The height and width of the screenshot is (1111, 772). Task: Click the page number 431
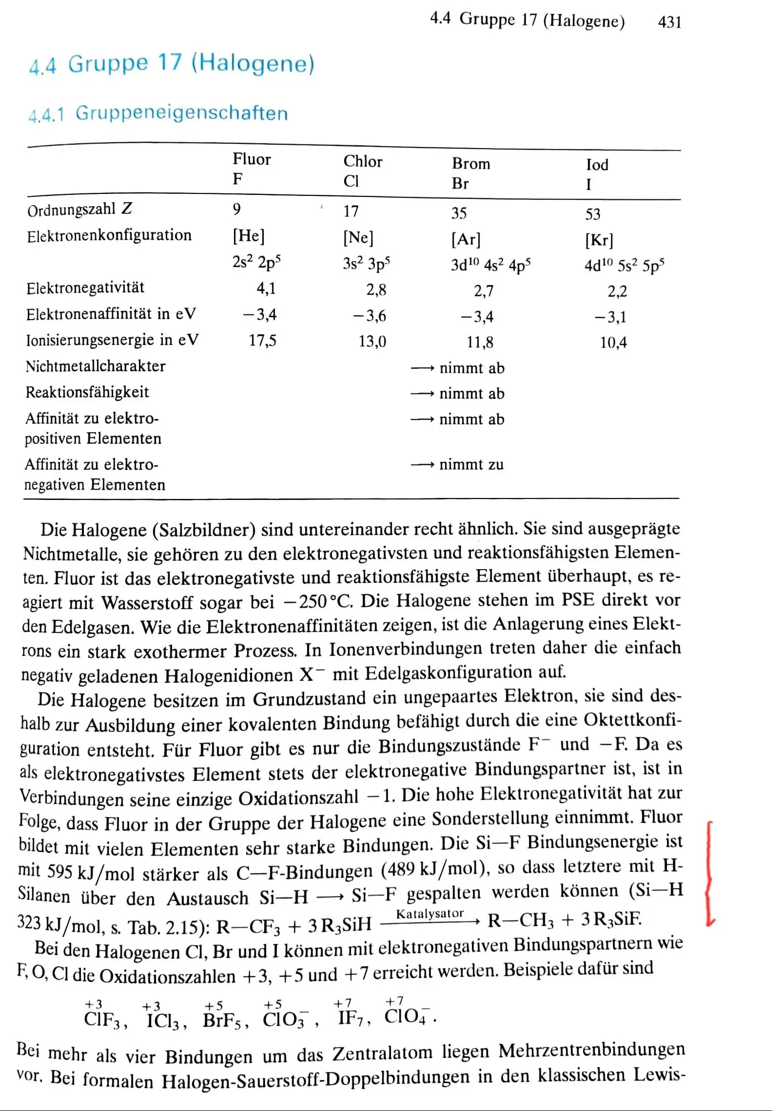(x=669, y=22)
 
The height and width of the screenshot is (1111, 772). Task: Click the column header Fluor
(x=252, y=160)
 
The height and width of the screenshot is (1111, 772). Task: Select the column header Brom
(x=471, y=164)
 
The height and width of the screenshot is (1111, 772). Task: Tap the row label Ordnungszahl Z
(x=80, y=209)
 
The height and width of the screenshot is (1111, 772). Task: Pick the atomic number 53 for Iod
(x=593, y=214)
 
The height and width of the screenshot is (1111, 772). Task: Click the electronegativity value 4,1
(x=266, y=288)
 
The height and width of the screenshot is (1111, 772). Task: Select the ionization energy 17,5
(x=262, y=340)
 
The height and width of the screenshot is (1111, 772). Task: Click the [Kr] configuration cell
(x=599, y=240)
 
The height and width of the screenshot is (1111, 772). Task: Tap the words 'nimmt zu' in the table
(x=471, y=465)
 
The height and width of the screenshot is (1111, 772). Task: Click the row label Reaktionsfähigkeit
(x=87, y=392)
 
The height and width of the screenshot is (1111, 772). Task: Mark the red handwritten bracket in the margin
(x=710, y=874)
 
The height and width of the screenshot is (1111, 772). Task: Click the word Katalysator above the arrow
(x=430, y=914)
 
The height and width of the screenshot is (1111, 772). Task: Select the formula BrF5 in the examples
(x=225, y=1021)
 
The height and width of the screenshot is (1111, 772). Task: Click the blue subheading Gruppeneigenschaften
(x=181, y=113)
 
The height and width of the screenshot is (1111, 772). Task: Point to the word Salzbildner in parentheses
(x=204, y=530)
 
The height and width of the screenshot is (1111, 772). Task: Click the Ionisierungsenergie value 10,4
(x=613, y=343)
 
